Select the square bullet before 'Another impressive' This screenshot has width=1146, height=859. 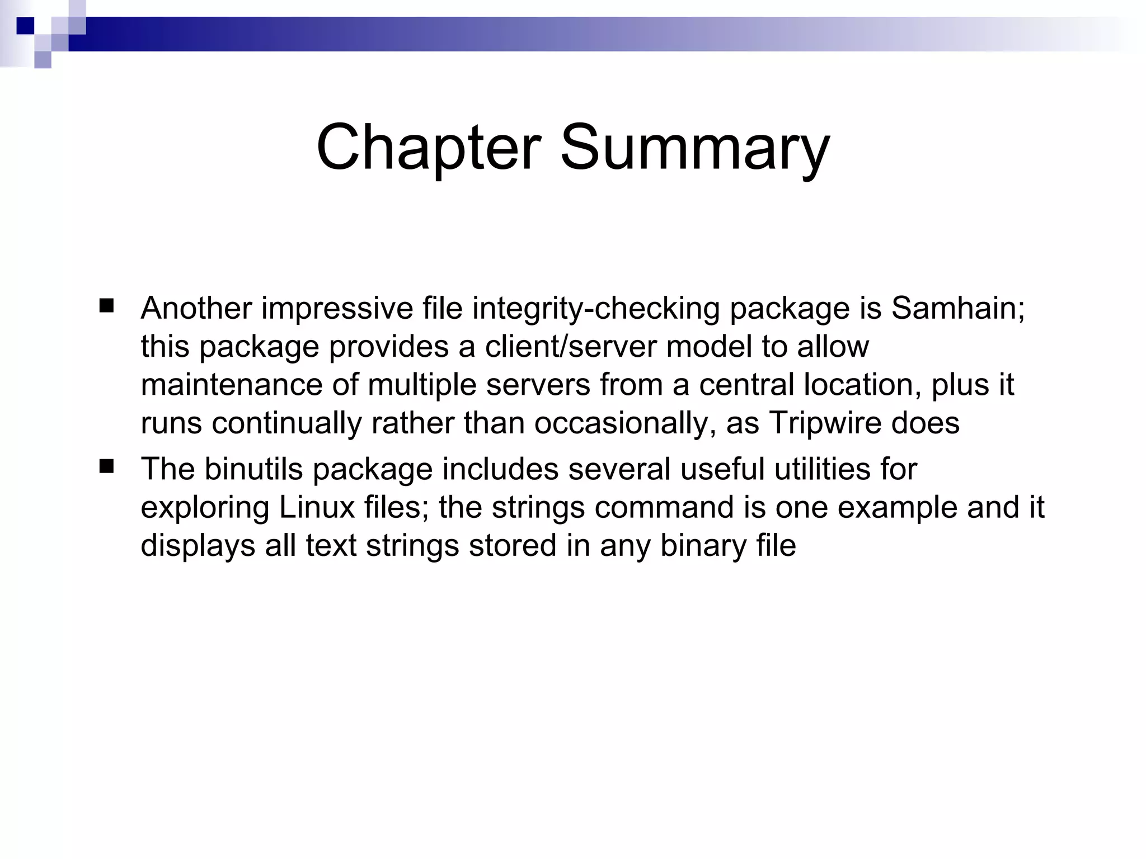(x=106, y=306)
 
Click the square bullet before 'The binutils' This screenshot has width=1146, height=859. (x=106, y=466)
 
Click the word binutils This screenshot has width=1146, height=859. (x=253, y=469)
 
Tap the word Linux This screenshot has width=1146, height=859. (x=317, y=507)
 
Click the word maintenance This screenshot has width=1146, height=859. (x=232, y=385)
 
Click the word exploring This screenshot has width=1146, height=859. (x=205, y=507)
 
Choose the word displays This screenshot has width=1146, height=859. (x=198, y=545)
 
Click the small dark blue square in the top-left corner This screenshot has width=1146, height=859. (x=25, y=26)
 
